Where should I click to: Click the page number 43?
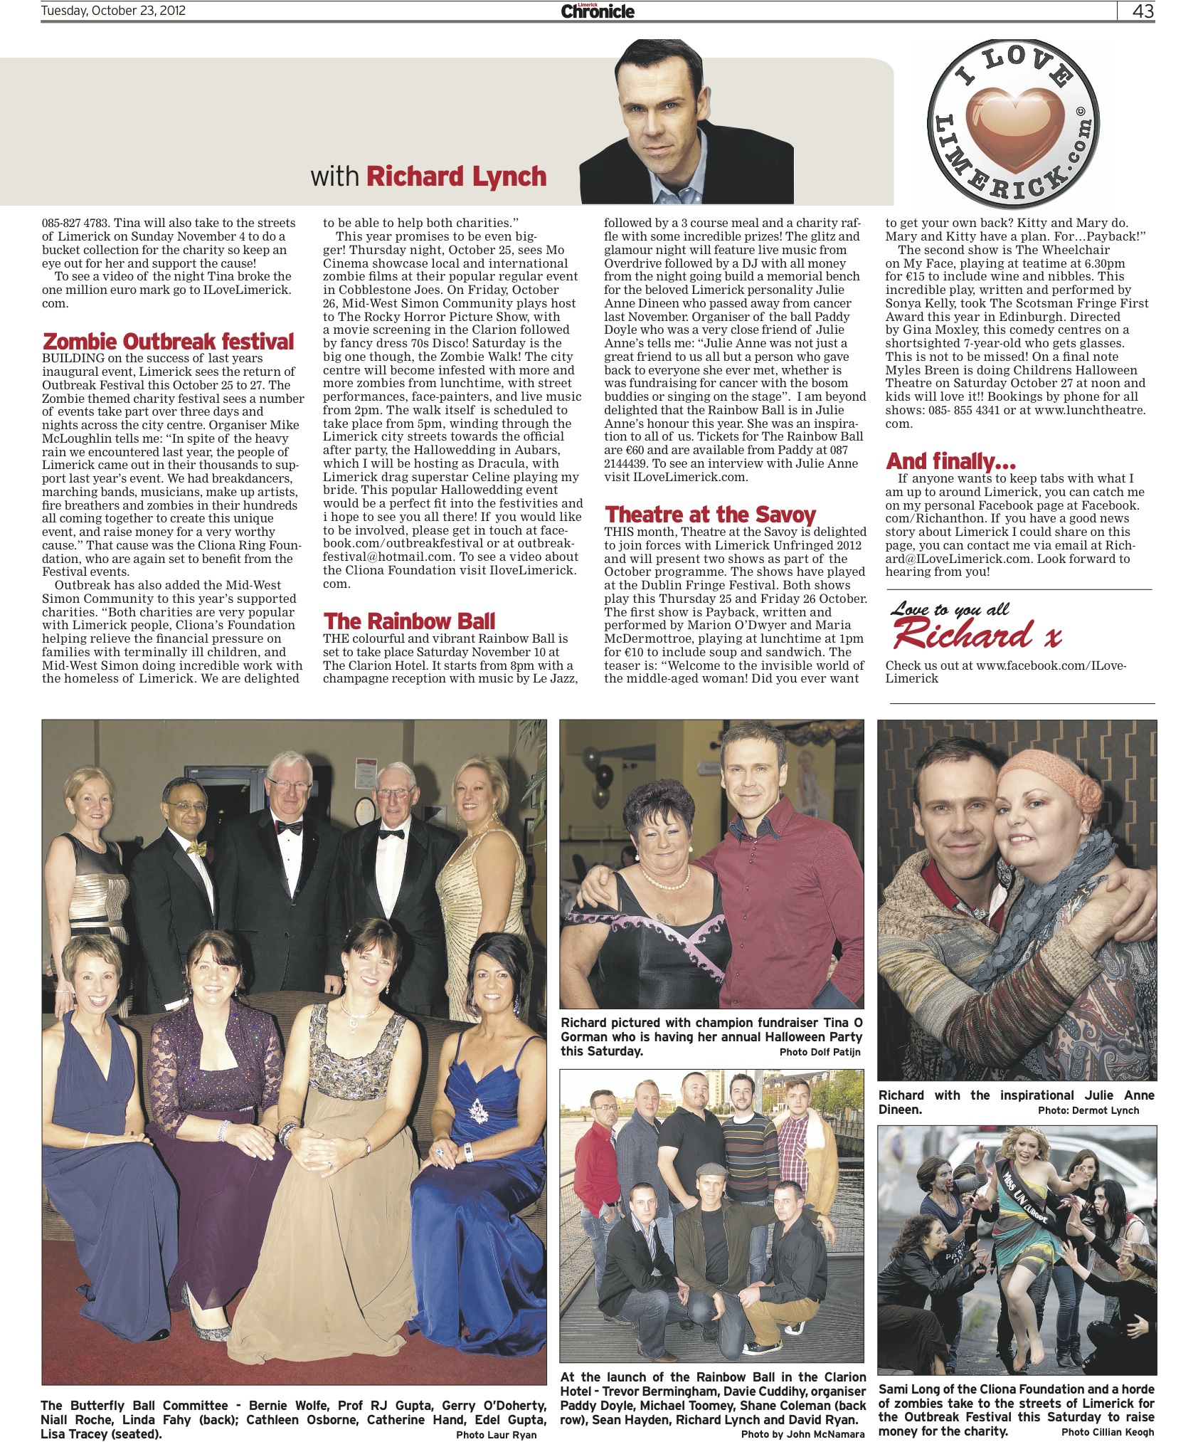tap(1143, 11)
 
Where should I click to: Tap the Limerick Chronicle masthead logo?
tap(598, 11)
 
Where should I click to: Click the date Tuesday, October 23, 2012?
tap(113, 11)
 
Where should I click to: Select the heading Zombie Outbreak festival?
tap(169, 342)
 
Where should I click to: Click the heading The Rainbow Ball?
tap(409, 621)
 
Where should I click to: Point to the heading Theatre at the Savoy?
tap(710, 515)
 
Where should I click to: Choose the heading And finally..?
tap(950, 461)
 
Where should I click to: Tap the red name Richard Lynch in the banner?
tap(456, 177)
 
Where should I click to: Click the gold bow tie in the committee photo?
tap(197, 848)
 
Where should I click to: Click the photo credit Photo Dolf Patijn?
tap(820, 1052)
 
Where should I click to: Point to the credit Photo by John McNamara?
tap(802, 1434)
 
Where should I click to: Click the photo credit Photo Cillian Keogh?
tap(1108, 1431)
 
